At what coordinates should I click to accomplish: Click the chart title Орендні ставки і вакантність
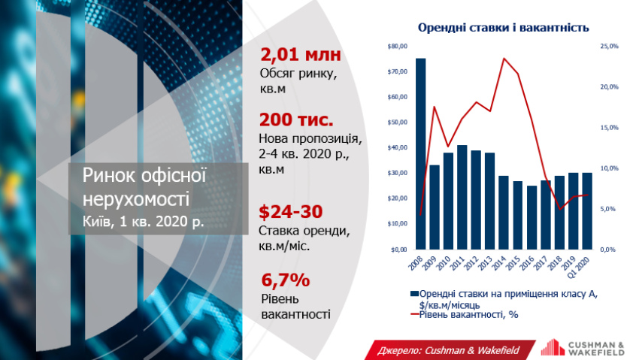tap(503, 28)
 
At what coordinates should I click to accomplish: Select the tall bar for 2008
tap(420, 154)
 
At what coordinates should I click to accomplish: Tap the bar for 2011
tap(462, 197)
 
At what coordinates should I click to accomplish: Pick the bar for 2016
tap(531, 217)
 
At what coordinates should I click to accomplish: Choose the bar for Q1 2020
tap(587, 211)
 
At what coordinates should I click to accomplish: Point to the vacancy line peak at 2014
tap(504, 58)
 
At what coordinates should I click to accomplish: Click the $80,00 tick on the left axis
tap(398, 46)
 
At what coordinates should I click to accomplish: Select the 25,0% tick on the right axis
tap(609, 46)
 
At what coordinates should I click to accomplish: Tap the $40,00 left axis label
tap(398, 147)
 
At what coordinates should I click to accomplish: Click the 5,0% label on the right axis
tap(607, 209)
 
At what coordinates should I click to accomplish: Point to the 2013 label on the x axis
tap(486, 263)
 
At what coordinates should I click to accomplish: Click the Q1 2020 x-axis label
tap(579, 267)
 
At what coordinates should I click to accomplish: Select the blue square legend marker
tap(414, 294)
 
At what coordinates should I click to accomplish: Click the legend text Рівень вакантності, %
tap(468, 315)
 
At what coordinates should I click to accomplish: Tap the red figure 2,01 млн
tap(301, 55)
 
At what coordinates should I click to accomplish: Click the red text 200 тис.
tap(296, 119)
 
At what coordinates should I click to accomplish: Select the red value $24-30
tap(291, 212)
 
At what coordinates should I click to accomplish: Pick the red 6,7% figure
tap(285, 280)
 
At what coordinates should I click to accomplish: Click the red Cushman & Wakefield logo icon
tap(553, 347)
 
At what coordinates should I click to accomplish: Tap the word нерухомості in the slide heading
tap(136, 200)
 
